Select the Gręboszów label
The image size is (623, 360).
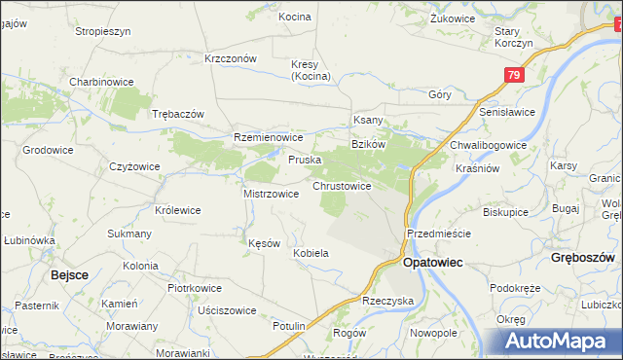(x=581, y=259)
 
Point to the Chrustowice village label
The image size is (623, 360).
(x=341, y=186)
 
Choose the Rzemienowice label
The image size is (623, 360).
(x=269, y=138)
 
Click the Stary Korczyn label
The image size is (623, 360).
(x=512, y=38)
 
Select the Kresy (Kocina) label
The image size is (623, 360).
(x=311, y=70)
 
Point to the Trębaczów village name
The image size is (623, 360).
(x=178, y=114)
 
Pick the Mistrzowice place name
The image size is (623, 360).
(x=271, y=194)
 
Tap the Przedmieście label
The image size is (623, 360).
(x=439, y=234)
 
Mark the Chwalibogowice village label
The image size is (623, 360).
(x=488, y=145)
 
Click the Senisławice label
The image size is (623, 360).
(x=507, y=112)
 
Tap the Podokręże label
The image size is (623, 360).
(x=515, y=288)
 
